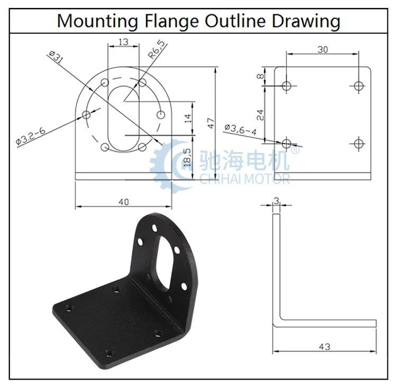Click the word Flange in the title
point(172,21)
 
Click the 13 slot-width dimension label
point(123,42)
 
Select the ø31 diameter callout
point(56,57)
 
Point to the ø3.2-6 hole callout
point(30,137)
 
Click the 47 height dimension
point(211,123)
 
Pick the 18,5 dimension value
point(187,157)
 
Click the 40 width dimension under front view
point(123,202)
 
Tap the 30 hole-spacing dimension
point(322,50)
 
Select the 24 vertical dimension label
point(260,115)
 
